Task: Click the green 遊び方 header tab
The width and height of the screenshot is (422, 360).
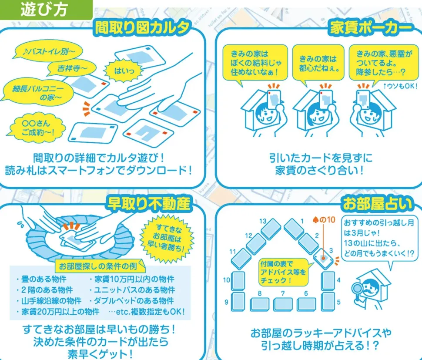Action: [x=46, y=10]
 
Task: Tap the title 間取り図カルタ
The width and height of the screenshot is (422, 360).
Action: [x=142, y=28]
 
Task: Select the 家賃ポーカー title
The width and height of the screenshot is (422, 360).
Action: [x=371, y=28]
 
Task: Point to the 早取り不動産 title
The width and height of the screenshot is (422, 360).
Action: [x=149, y=204]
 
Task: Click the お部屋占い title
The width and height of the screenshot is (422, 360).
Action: [x=377, y=204]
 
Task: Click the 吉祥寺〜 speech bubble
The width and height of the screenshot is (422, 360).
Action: [x=72, y=68]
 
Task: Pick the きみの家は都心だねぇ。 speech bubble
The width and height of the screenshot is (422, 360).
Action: [x=318, y=64]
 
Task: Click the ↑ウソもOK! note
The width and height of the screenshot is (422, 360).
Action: [x=400, y=86]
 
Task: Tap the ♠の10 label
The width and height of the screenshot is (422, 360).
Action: [x=324, y=220]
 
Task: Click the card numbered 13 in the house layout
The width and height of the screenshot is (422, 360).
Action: [x=271, y=229]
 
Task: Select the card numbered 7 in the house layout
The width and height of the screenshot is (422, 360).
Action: [x=283, y=304]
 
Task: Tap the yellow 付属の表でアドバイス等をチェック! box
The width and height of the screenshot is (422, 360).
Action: [x=283, y=272]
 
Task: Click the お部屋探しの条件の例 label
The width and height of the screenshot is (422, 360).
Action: [x=98, y=266]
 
